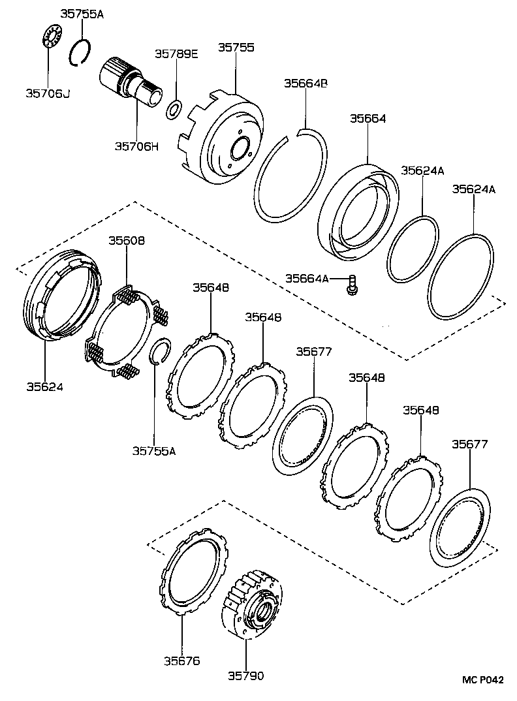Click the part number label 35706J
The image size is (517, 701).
[48, 93]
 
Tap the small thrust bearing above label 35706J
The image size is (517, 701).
[50, 35]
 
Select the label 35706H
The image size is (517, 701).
[137, 146]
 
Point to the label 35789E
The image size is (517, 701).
[176, 54]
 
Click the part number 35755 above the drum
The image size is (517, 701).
[236, 48]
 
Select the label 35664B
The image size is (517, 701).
[305, 83]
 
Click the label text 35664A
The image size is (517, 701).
[307, 279]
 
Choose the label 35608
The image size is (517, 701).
[127, 240]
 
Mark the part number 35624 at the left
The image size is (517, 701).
[44, 386]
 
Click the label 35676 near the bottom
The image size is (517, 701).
[181, 660]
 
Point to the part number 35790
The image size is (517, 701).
[246, 676]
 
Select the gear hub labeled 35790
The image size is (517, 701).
[254, 607]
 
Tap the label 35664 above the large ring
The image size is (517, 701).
[368, 119]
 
